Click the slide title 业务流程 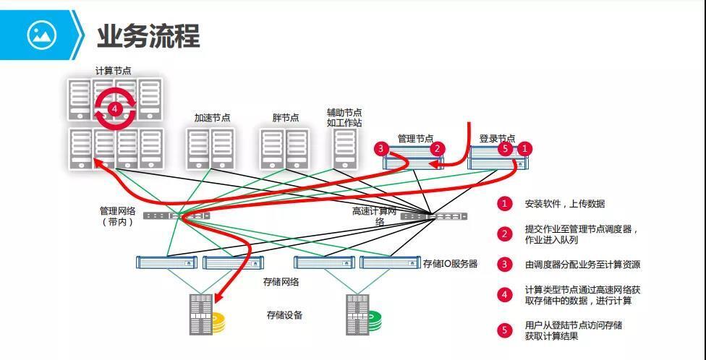tap(148, 35)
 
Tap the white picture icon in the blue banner tap(41, 34)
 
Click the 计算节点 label tap(114, 71)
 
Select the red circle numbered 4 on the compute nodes tap(114, 108)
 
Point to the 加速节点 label tap(212, 118)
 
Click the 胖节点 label tap(286, 118)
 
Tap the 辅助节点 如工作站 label tap(344, 118)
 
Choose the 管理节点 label tap(415, 138)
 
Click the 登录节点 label tap(497, 138)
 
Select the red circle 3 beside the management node tap(382, 149)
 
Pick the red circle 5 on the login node tap(506, 149)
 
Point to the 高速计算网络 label tap(375, 216)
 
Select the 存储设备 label tap(284, 315)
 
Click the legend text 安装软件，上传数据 tap(565, 204)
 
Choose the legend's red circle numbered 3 tap(505, 265)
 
